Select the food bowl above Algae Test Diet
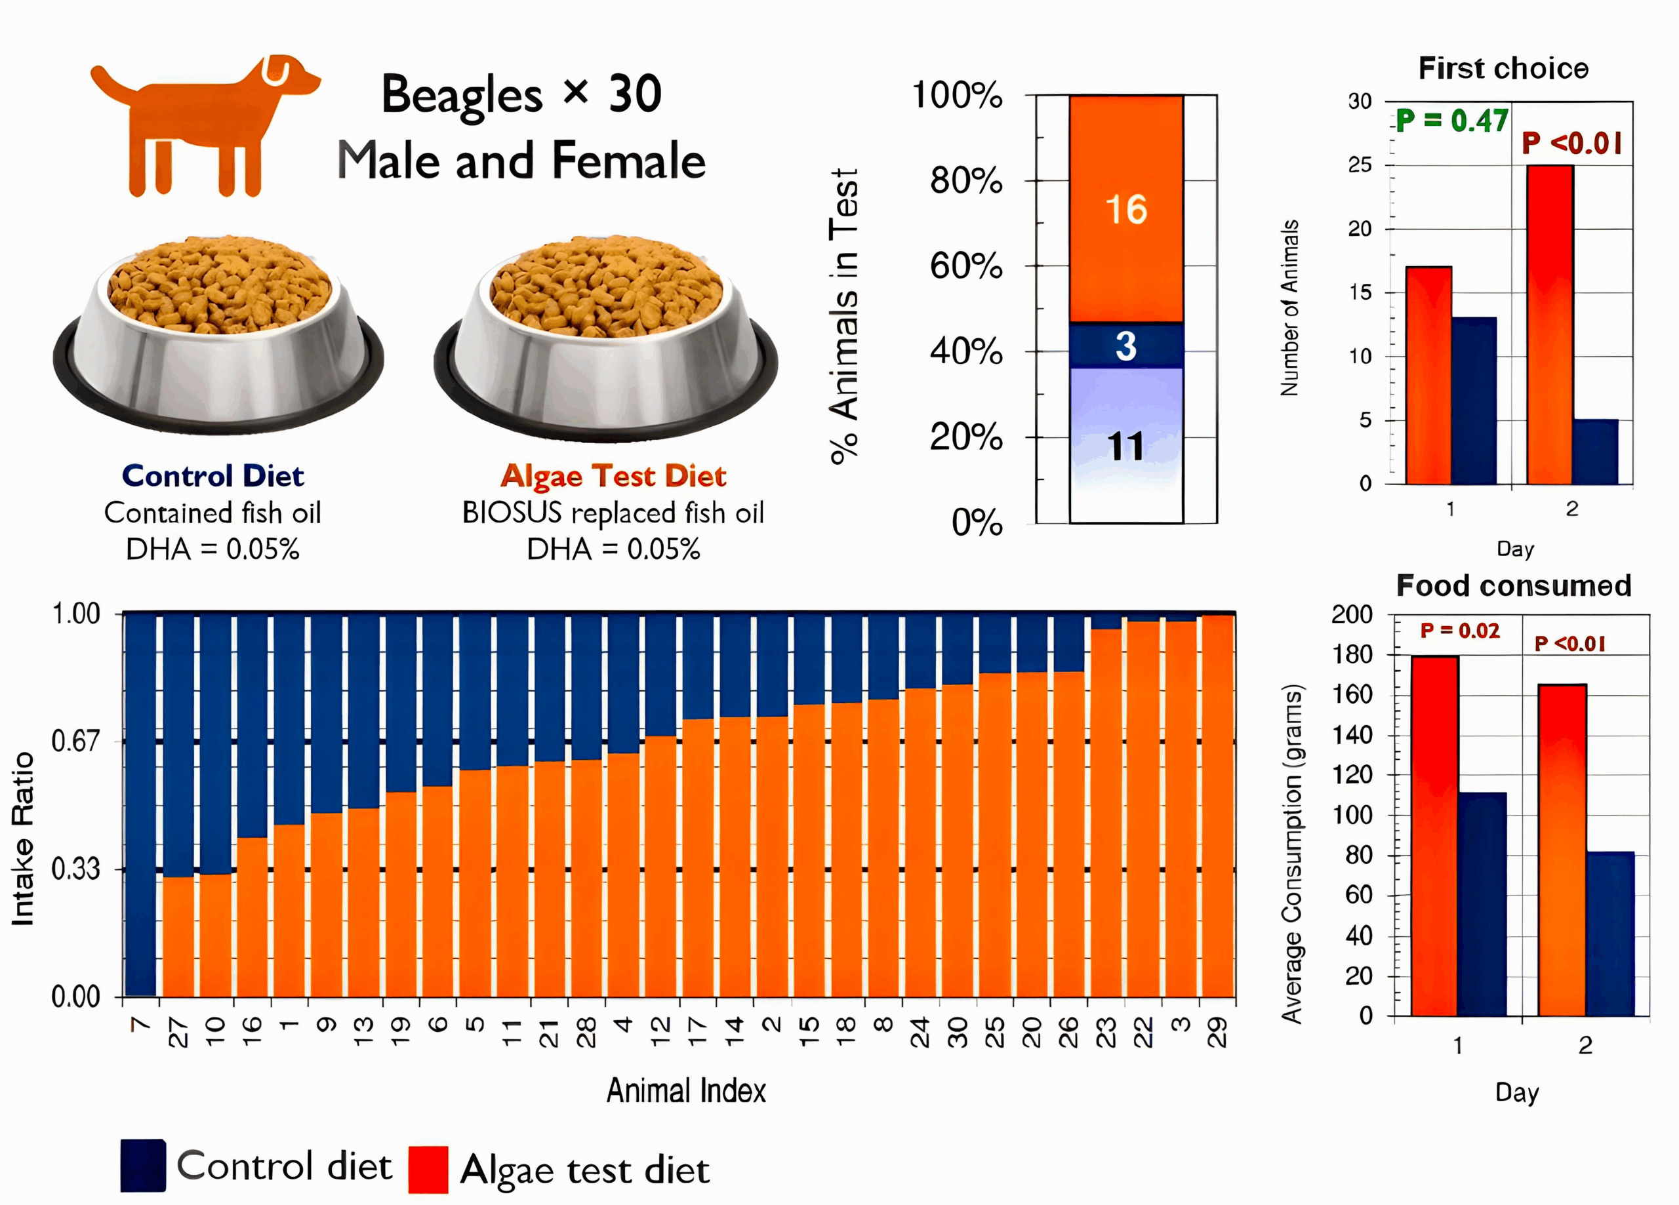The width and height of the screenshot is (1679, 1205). (x=605, y=337)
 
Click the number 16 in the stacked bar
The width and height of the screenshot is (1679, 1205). (x=1126, y=210)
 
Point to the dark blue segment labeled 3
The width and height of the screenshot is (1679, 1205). (x=1126, y=346)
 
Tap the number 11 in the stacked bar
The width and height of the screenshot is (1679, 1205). (x=1126, y=446)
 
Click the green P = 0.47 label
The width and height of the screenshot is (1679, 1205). (x=1451, y=121)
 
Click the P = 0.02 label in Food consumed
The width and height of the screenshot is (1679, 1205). (x=1460, y=631)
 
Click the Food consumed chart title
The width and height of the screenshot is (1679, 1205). (x=1514, y=585)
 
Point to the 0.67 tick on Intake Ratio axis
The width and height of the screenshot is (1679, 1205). (x=75, y=741)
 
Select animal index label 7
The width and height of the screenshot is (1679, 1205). (x=140, y=1025)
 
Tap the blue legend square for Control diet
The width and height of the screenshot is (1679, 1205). (x=143, y=1166)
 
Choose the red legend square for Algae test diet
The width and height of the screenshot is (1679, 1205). (x=428, y=1170)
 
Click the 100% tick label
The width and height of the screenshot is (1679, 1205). (x=957, y=96)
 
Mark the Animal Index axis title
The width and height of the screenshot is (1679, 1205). (x=686, y=1091)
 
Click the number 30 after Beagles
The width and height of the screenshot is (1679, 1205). (x=635, y=94)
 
